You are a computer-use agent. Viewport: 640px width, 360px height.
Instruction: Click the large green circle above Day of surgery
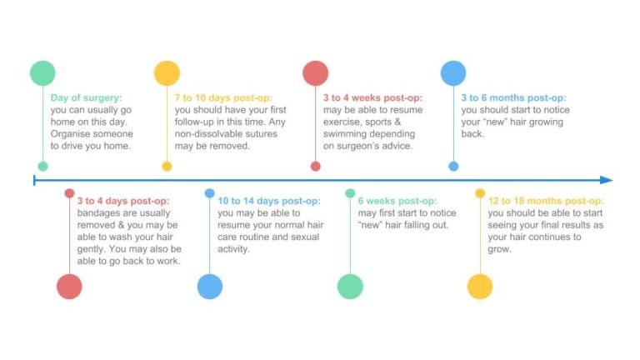[x=42, y=73]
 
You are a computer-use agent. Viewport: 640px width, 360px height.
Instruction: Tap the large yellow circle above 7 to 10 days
[x=167, y=73]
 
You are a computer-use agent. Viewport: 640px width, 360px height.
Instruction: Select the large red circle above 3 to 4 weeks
[x=316, y=73]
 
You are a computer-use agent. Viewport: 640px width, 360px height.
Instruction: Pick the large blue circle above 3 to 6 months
[x=453, y=73]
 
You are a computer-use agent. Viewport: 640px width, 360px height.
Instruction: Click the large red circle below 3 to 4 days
[x=69, y=287]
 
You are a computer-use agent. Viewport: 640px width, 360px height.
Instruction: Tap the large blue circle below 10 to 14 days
[x=210, y=287]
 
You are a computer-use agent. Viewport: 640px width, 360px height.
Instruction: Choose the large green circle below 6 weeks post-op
[x=350, y=287]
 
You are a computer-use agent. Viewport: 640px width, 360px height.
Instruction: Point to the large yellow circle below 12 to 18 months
[x=480, y=287]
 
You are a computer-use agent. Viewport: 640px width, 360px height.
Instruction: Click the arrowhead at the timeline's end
[x=607, y=180]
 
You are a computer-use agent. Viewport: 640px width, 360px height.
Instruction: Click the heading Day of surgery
[x=86, y=98]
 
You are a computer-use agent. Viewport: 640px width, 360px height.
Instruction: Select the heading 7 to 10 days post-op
[x=223, y=98]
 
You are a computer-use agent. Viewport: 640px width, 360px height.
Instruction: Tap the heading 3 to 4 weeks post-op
[x=372, y=98]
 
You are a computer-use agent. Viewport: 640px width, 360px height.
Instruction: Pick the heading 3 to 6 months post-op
[x=513, y=98]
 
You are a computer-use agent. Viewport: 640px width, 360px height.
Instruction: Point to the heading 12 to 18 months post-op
[x=546, y=201]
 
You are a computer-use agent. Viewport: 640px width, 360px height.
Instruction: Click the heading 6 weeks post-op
[x=397, y=201]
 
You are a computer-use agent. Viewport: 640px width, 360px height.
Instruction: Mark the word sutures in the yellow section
[x=262, y=134]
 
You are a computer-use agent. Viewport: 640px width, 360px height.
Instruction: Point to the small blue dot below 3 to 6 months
[x=453, y=166]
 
